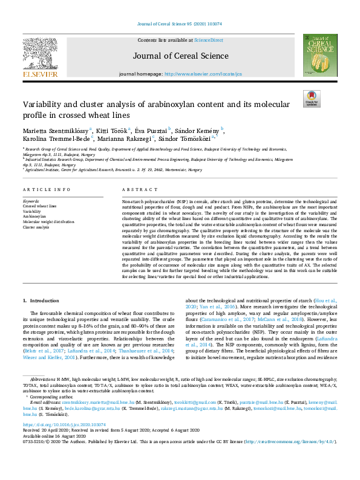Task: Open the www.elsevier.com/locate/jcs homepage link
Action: [x=204, y=74]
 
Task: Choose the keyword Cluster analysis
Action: [x=37, y=227]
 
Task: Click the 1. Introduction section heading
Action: [x=41, y=300]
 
